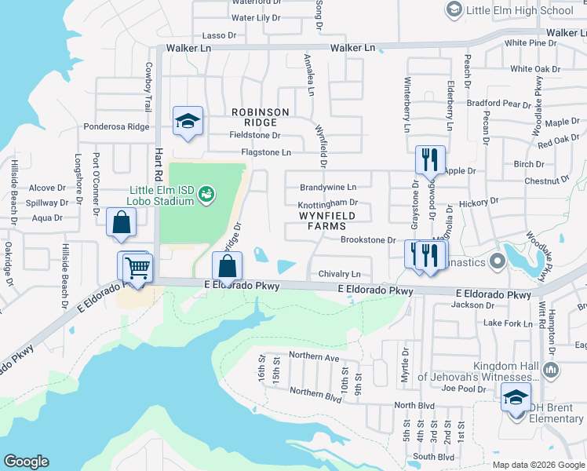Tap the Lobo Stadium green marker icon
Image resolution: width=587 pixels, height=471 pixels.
coord(206,192)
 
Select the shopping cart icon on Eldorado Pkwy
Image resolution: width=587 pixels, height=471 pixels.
coord(138,268)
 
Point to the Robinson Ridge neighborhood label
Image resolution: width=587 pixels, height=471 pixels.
coord(260,117)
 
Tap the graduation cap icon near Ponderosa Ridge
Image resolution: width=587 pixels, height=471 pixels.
coord(188,121)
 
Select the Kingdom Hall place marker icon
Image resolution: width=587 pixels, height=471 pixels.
coord(550,369)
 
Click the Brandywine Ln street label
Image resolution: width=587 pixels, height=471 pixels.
coord(328,188)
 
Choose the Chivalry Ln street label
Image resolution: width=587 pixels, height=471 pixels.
coord(340,274)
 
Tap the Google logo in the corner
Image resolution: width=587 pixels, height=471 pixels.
coord(25,462)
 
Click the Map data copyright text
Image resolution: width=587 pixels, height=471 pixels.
coord(538,465)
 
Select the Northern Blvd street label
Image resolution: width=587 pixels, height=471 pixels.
coord(315,392)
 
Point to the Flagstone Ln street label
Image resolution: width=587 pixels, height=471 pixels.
coord(266,152)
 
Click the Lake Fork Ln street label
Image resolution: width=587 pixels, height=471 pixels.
coord(508,323)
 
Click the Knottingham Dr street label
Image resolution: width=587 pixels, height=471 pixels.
coord(328,203)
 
